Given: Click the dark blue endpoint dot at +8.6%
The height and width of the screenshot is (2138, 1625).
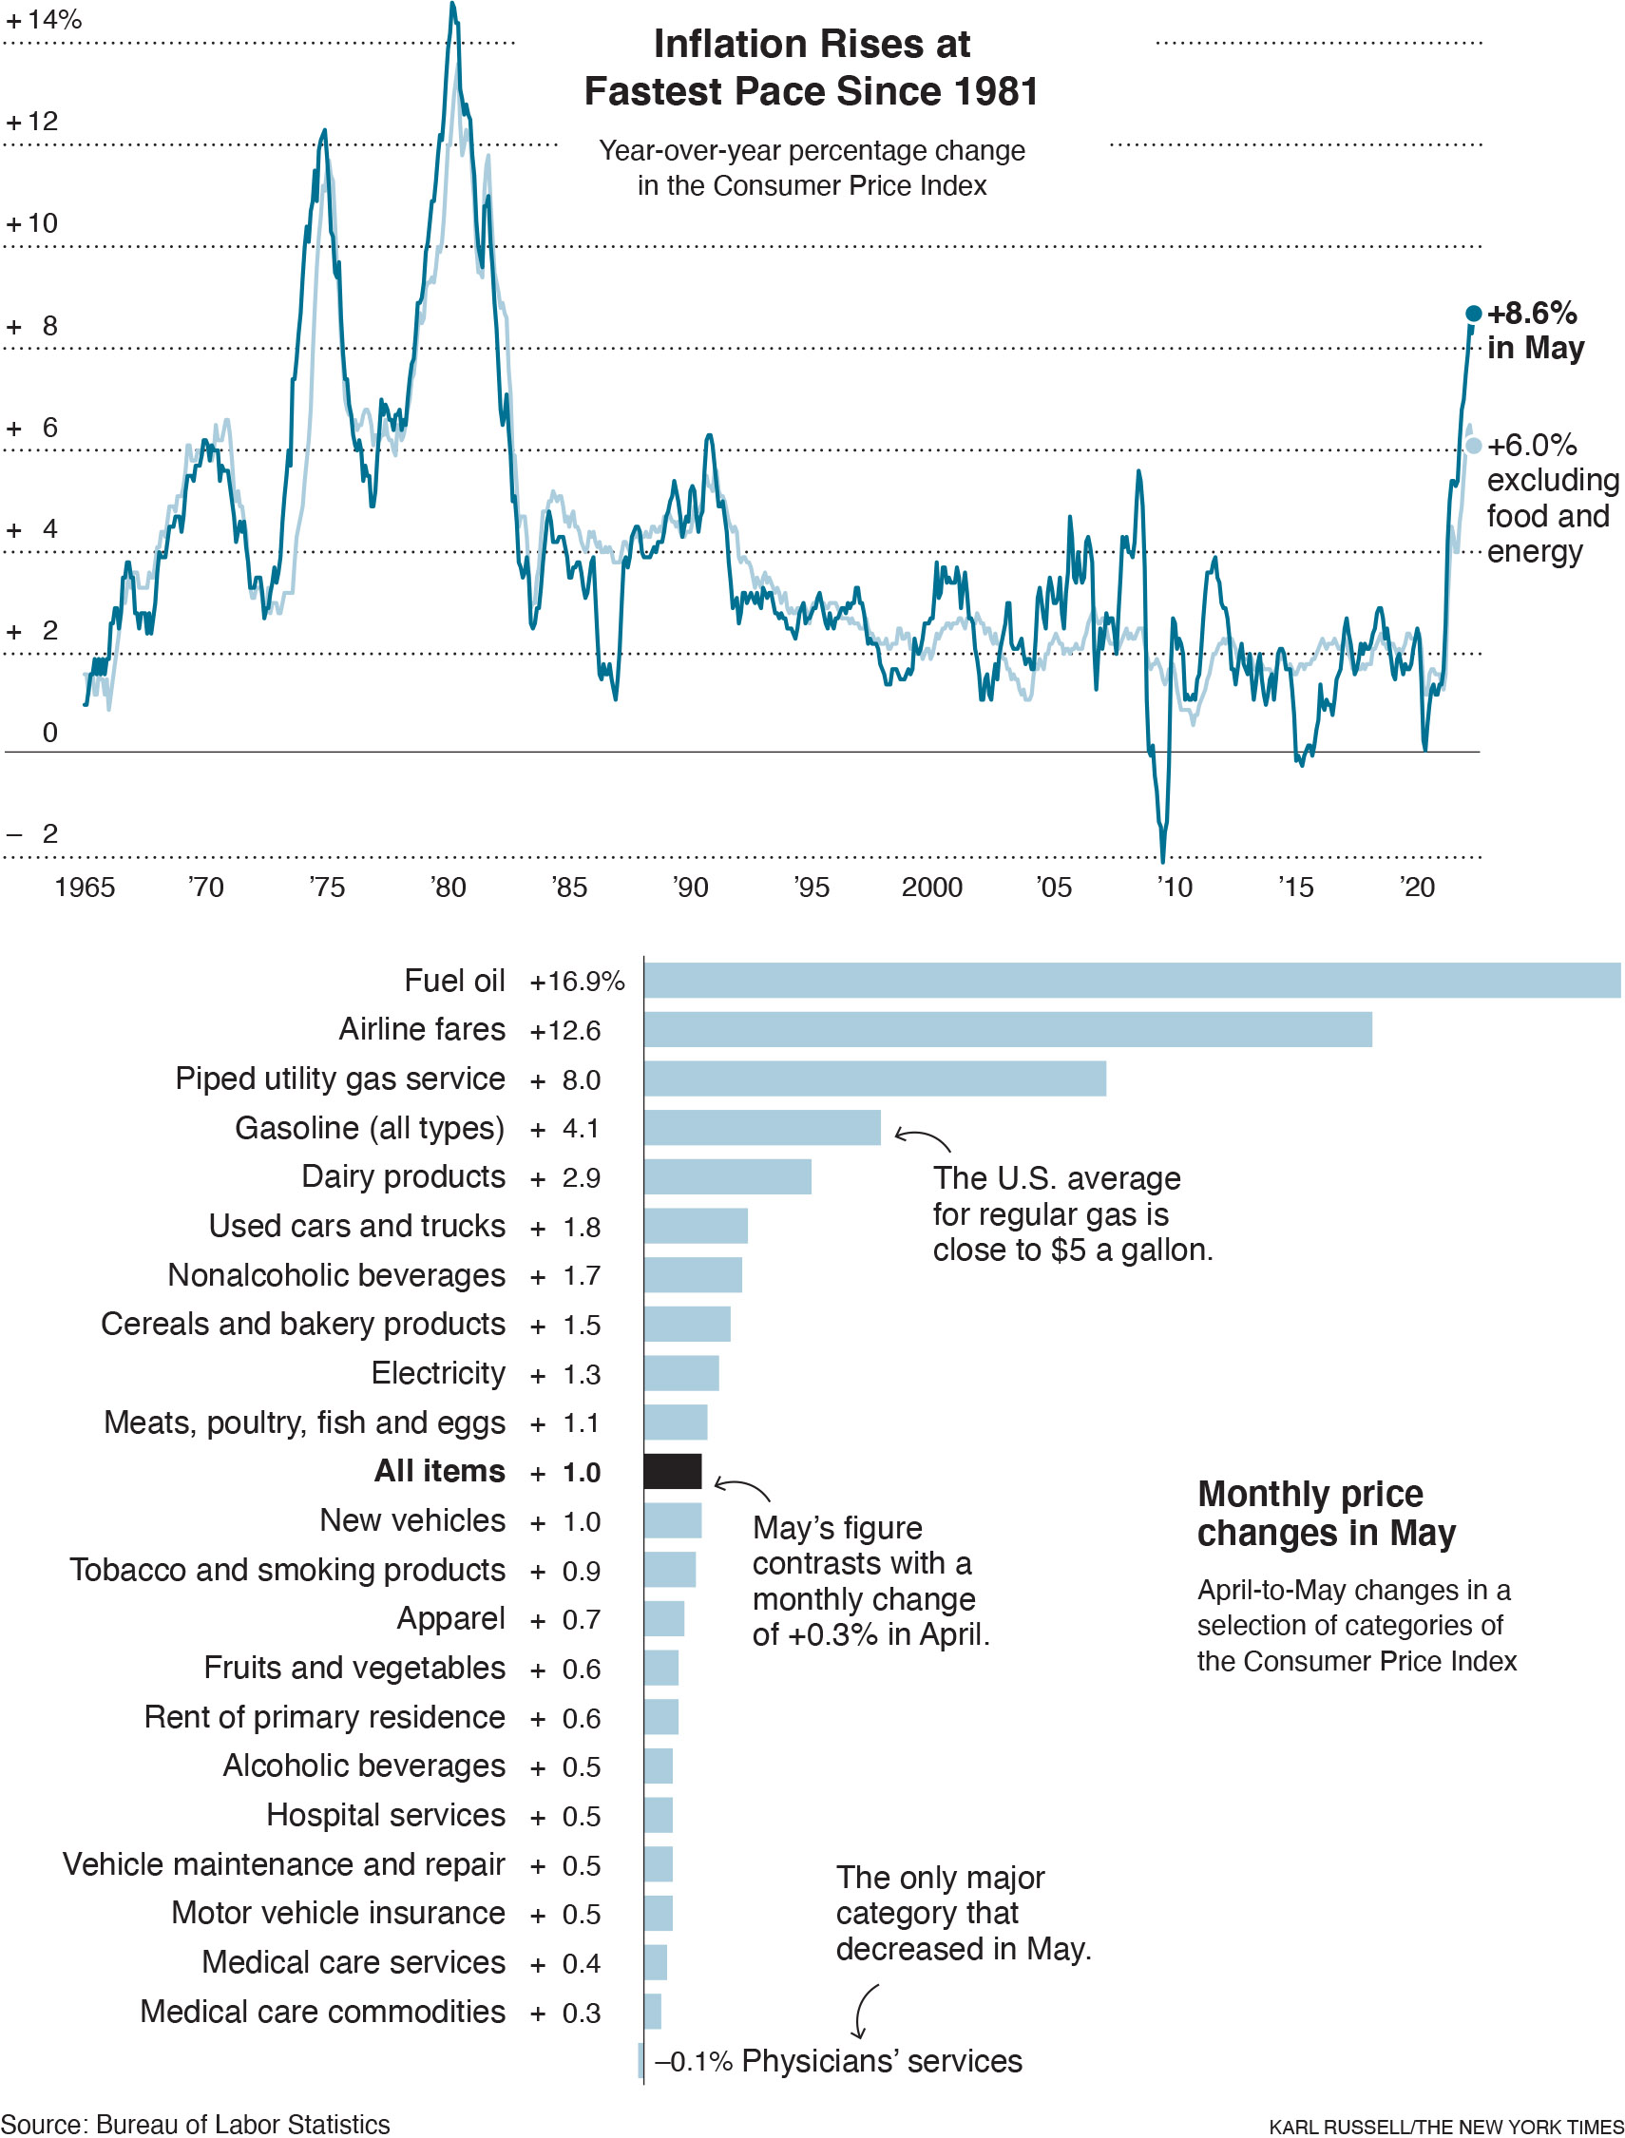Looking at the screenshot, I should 1473,314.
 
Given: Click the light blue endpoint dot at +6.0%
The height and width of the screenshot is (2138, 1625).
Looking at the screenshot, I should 1473,446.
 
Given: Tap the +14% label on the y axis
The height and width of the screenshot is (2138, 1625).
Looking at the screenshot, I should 44,19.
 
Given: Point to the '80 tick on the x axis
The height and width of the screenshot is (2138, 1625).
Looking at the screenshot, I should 448,888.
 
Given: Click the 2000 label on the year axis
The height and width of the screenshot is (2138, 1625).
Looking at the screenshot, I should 931,888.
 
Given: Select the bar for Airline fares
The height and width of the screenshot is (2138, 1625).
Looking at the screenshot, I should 1007,1030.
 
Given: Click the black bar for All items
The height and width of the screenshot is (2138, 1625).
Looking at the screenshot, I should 672,1472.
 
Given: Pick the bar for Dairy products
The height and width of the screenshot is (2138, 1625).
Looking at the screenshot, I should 727,1176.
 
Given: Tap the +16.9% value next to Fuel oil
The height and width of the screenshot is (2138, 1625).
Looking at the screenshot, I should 577,982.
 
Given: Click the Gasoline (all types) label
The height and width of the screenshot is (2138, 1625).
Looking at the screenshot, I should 370,1129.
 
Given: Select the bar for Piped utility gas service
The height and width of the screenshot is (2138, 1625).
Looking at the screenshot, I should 874,1079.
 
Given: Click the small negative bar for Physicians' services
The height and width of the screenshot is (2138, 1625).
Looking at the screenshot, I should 640,2061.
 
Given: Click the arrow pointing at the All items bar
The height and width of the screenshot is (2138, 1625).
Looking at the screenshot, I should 741,1488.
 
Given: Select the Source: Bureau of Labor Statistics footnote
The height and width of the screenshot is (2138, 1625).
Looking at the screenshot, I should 196,2125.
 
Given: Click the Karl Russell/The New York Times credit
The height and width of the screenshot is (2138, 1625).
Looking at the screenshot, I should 1445,2128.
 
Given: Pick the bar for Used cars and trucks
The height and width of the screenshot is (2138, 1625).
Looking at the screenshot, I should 696,1226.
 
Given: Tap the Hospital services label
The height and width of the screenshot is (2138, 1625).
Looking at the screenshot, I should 385,1816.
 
